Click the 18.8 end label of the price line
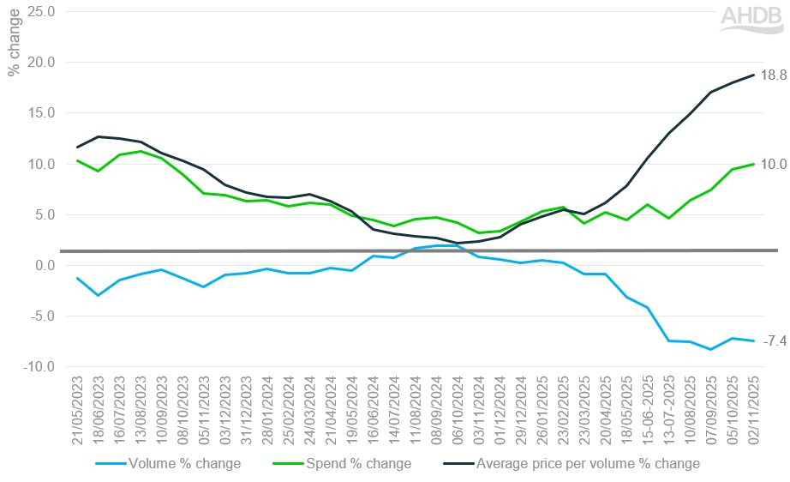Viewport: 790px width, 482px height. [774, 75]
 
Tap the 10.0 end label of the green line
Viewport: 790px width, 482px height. [774, 164]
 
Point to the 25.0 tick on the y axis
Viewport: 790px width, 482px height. [40, 12]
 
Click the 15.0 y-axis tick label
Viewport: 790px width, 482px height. [40, 113]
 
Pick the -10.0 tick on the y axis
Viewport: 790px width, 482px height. [39, 367]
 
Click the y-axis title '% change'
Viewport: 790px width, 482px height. [14, 47]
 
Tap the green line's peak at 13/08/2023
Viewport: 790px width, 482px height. [141, 151]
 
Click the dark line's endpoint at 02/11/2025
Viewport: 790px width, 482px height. [754, 75]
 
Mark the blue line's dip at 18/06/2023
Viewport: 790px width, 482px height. [99, 295]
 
